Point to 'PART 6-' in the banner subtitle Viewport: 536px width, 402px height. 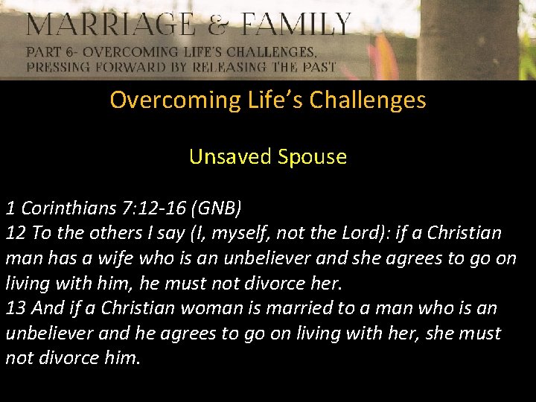pyautogui.click(x=51, y=53)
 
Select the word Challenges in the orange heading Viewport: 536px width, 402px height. pyautogui.click(x=373, y=100)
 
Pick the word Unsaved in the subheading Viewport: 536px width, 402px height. pyautogui.click(x=231, y=157)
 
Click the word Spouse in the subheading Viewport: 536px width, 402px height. pyautogui.click(x=313, y=157)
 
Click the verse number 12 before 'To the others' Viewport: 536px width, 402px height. pyautogui.click(x=16, y=233)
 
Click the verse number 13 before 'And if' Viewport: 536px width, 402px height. pyautogui.click(x=16, y=308)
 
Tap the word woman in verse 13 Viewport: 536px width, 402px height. pyautogui.click(x=195, y=308)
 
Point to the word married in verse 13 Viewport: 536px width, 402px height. pyautogui.click(x=284, y=308)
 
